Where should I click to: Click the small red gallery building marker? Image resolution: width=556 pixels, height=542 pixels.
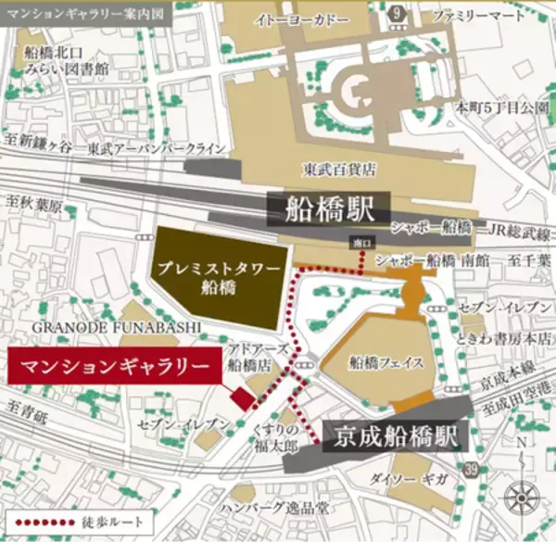pos(241,399)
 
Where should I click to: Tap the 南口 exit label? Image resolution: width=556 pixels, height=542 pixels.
pos(360,243)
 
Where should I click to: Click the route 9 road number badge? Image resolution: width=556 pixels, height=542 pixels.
pos(397,13)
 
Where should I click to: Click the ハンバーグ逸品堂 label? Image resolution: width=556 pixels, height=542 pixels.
pos(283,510)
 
